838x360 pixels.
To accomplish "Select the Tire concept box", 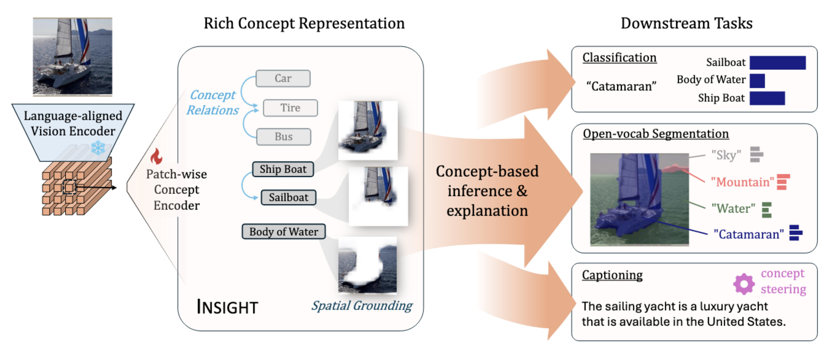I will coord(290,108).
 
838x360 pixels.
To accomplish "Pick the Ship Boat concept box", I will coord(283,169).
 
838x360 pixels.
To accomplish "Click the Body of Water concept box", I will coord(284,232).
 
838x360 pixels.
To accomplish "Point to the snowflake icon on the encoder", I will coord(98,147).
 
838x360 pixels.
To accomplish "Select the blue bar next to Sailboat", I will coord(777,63).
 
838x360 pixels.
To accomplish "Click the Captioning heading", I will coord(612,275).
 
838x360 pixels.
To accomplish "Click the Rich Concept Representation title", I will coord(304,23).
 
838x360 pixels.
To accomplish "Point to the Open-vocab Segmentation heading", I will coord(655,134).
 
